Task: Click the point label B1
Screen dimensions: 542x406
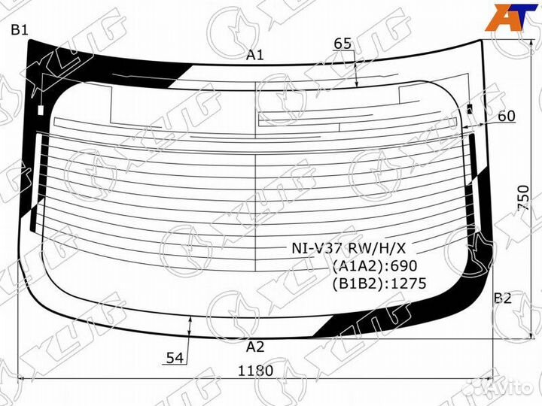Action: (x=20, y=30)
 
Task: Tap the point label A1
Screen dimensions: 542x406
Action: (x=254, y=55)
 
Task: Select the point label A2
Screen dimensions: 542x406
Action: (x=255, y=347)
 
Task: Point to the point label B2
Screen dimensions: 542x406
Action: (x=502, y=298)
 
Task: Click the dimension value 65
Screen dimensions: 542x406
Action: (x=343, y=44)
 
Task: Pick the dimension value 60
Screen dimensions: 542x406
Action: (x=507, y=116)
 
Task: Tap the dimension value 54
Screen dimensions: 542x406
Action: (x=175, y=358)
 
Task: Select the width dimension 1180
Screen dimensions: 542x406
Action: (x=255, y=371)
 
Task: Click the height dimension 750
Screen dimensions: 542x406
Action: (x=523, y=198)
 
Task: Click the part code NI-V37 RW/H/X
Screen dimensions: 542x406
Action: (x=349, y=248)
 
